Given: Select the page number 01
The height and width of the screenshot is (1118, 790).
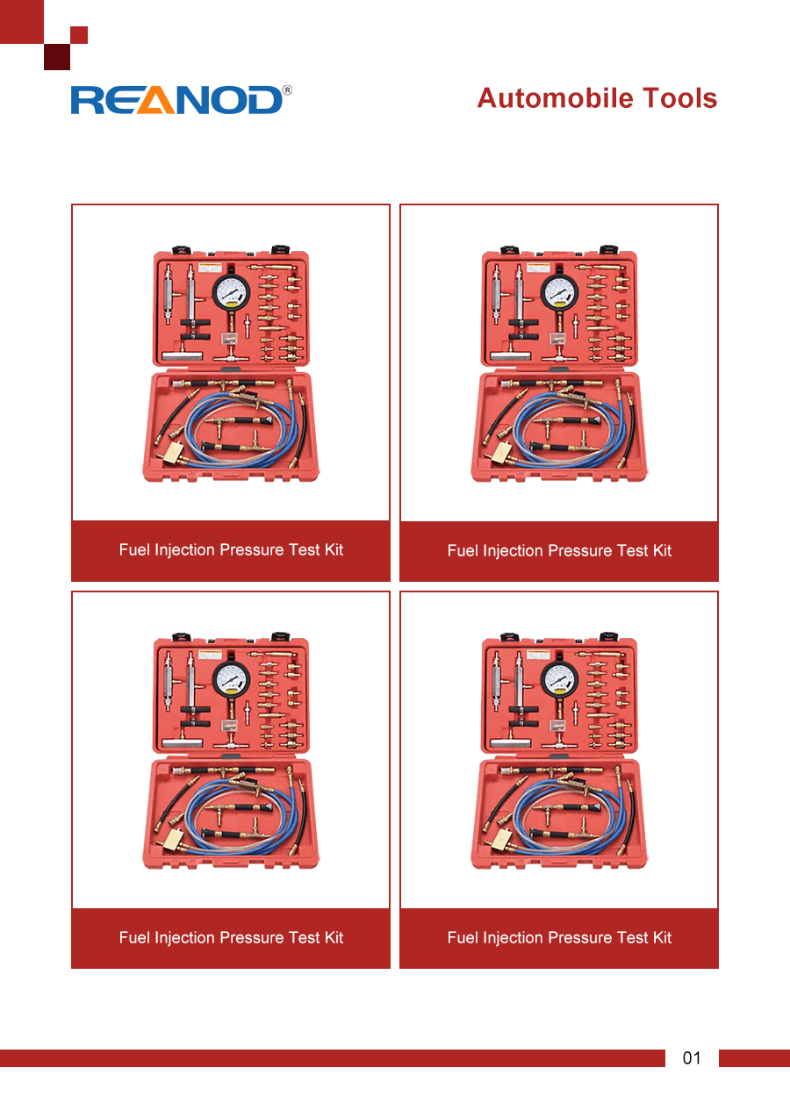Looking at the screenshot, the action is pyautogui.click(x=692, y=1057).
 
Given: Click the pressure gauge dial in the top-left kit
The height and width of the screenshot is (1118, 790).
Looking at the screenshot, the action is pyautogui.click(x=231, y=292).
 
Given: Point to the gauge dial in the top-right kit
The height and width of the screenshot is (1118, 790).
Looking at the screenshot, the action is pyautogui.click(x=560, y=292).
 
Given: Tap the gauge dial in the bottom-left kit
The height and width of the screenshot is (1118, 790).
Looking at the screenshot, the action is pyautogui.click(x=231, y=679).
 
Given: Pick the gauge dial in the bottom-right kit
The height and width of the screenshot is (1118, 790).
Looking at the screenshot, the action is pyautogui.click(x=560, y=679).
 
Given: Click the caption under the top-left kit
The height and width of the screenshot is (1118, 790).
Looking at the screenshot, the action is pyautogui.click(x=231, y=549).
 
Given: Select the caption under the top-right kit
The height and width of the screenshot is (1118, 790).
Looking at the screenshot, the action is pyautogui.click(x=559, y=550).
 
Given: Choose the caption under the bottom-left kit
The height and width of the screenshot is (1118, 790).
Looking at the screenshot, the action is pyautogui.click(x=231, y=937).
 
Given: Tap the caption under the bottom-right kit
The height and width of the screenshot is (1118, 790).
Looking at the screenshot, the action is pyautogui.click(x=559, y=937).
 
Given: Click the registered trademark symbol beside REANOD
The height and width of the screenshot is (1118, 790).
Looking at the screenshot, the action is pyautogui.click(x=287, y=90).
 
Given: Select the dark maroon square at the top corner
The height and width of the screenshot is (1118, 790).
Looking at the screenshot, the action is pyautogui.click(x=57, y=57).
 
